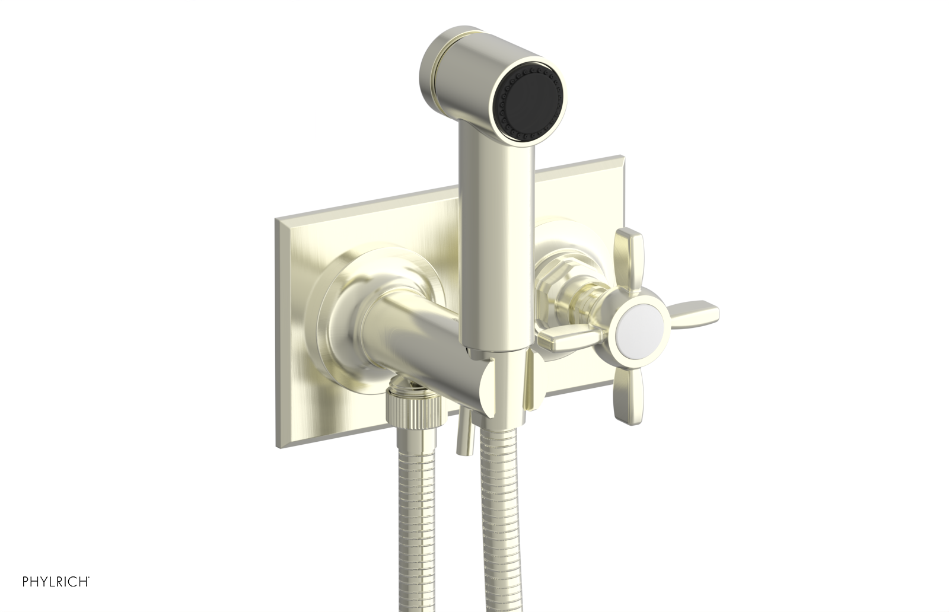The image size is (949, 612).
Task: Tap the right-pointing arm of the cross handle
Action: [691, 312]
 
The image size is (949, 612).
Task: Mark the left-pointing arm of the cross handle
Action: [566, 341]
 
